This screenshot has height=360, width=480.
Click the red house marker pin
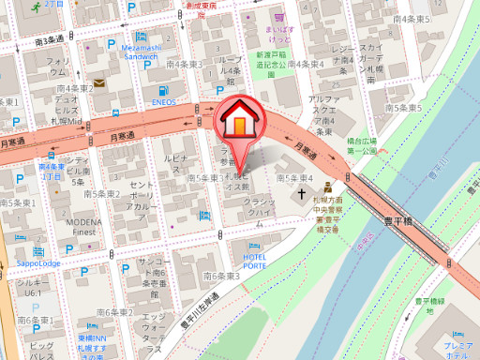point(241,121)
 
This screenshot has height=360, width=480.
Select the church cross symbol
point(303,196)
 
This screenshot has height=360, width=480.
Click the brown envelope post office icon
point(98,83)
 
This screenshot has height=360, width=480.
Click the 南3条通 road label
point(48,39)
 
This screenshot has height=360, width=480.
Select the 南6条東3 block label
point(222,277)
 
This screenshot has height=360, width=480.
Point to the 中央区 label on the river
point(365,247)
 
